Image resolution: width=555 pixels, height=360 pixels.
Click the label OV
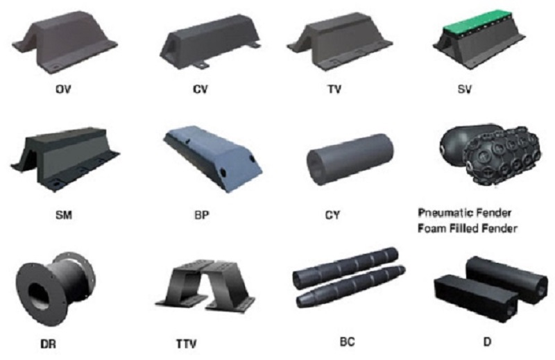click(x=63, y=89)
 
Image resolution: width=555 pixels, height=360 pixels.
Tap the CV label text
click(x=200, y=89)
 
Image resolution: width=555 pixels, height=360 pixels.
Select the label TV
click(x=334, y=89)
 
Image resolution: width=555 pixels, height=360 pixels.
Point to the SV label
click(x=465, y=89)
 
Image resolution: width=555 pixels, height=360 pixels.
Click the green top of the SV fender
click(x=484, y=25)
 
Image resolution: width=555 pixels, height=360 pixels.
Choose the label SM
click(x=64, y=214)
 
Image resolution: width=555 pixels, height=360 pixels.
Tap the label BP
click(x=202, y=214)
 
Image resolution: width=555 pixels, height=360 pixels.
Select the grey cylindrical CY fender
click(x=350, y=159)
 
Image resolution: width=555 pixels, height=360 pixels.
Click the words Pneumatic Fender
click(x=465, y=213)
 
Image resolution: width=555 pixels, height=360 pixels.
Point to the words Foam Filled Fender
click(x=467, y=228)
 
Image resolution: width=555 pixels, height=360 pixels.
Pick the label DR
click(x=48, y=344)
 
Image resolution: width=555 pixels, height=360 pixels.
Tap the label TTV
click(x=187, y=344)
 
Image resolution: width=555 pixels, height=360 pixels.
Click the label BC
click(x=347, y=342)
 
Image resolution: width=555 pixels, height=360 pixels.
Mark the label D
click(x=488, y=342)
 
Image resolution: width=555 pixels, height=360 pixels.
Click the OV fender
click(x=65, y=42)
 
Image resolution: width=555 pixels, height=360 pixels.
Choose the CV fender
click(x=210, y=42)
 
